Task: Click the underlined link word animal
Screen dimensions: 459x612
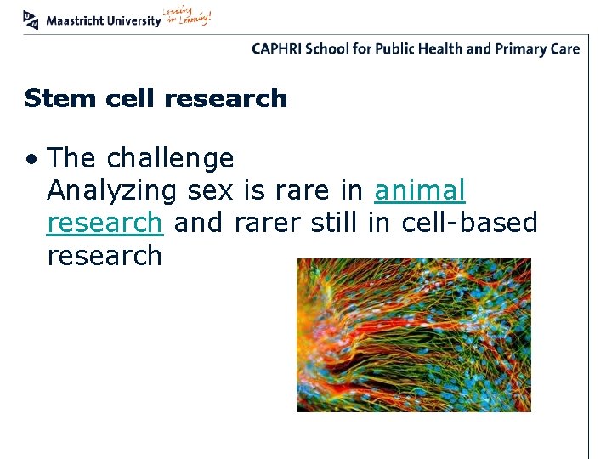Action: coord(420,191)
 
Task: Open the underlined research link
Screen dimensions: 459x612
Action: coord(105,223)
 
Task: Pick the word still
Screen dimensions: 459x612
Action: coord(337,223)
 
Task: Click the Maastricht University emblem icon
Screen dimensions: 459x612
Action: coord(31,18)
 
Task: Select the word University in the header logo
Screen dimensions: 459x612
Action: coord(133,20)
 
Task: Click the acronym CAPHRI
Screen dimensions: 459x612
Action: coord(277,48)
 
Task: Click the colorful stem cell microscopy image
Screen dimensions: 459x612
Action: coord(413,335)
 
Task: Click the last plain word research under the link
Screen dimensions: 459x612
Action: coord(105,255)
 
